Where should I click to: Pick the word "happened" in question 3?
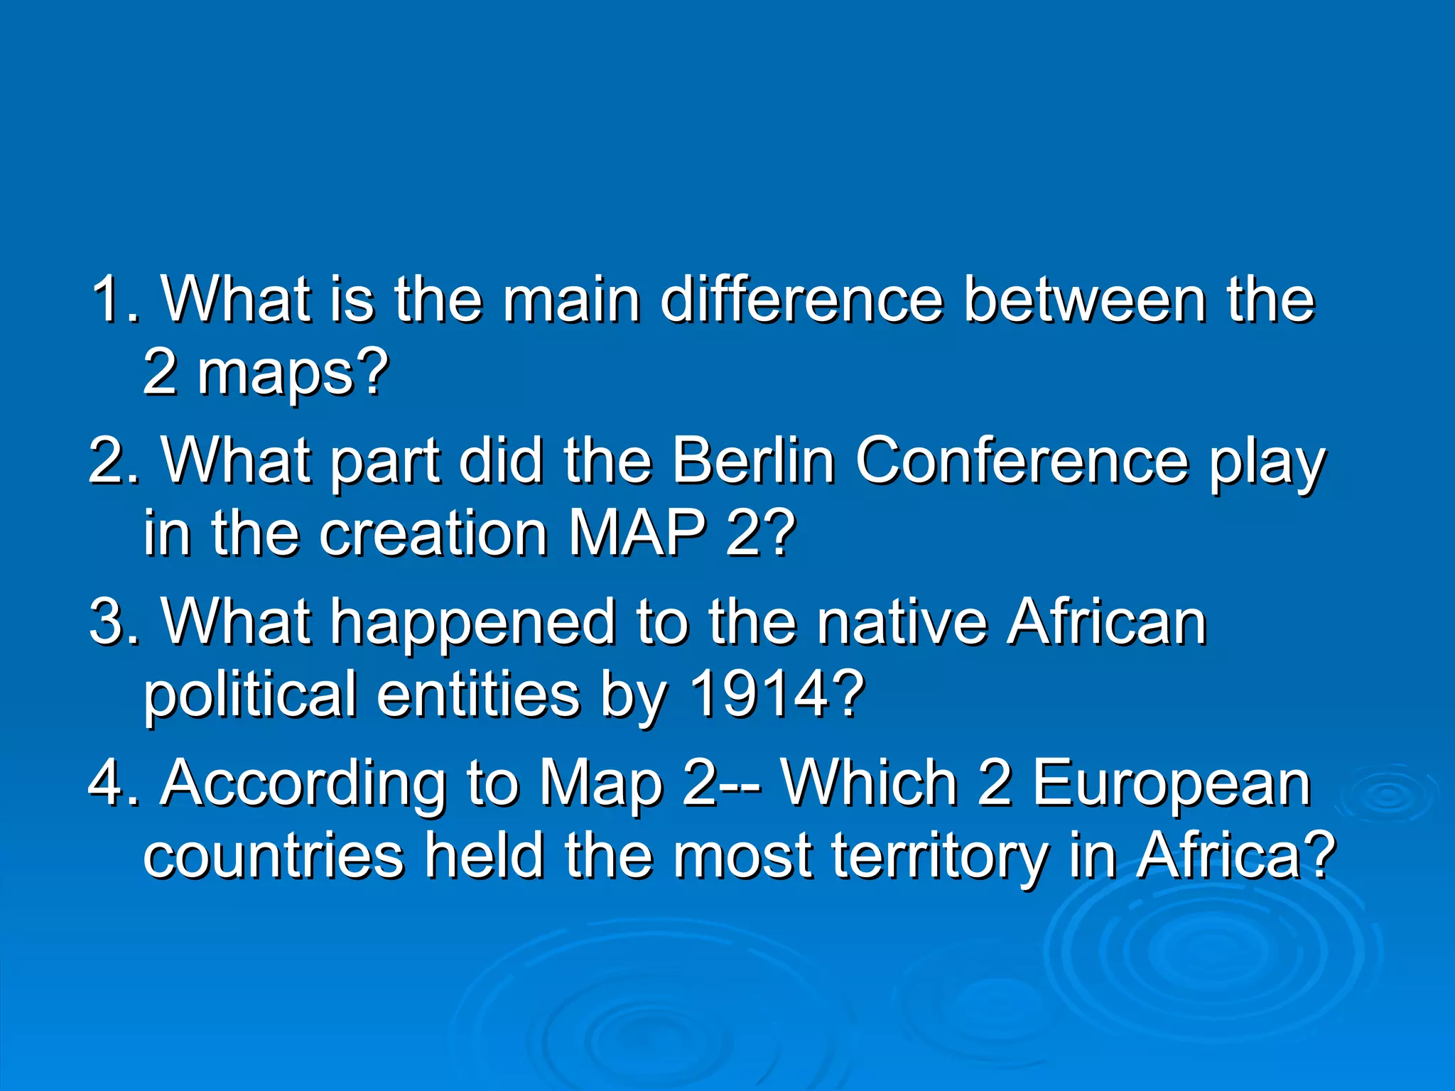tap(473, 622)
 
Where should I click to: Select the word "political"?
tap(250, 695)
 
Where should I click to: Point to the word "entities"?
tap(478, 695)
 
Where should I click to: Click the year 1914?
tap(777, 695)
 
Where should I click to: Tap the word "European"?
tap(1171, 785)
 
